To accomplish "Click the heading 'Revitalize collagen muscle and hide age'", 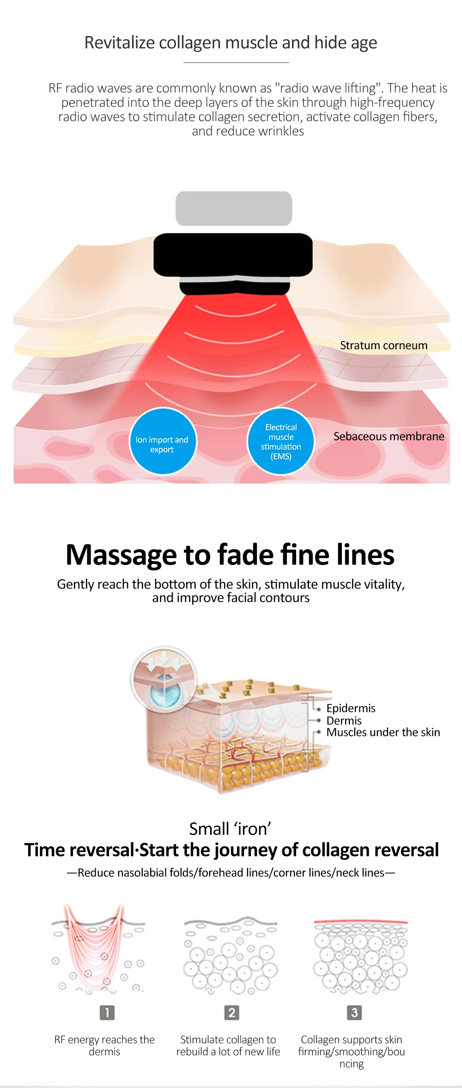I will pos(231,43).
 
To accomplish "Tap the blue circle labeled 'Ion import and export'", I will pos(162,441).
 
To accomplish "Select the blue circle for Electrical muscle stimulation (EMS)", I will pos(281,441).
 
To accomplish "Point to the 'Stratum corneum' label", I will pos(383,346).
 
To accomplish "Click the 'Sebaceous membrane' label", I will pos(389,437).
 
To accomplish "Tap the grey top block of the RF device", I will pos(234,208).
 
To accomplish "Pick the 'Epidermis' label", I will pos(351,708).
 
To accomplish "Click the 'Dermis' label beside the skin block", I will pos(344,721).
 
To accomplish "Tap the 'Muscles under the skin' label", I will pos(383,732).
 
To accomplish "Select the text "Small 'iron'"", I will pos(230,829).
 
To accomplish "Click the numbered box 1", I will pos(107,1013).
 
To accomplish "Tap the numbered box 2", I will pos(231,1013).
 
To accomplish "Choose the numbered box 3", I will pos(354,1013).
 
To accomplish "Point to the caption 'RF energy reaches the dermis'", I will pos(104,1045).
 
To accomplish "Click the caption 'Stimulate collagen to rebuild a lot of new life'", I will pos(228,1045).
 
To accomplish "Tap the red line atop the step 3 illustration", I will pos(360,922).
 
